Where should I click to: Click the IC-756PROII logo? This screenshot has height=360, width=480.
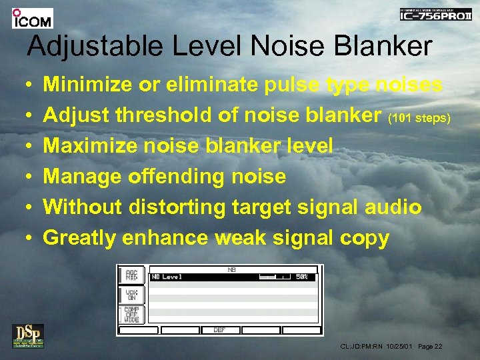pyautogui.click(x=435, y=14)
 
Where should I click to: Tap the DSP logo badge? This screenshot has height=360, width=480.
pyautogui.click(x=27, y=335)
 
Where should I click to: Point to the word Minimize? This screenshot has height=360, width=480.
pyautogui.click(x=90, y=85)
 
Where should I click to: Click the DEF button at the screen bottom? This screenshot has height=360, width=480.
pyautogui.click(x=219, y=331)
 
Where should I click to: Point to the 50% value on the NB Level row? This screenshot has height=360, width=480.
pyautogui.click(x=301, y=277)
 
